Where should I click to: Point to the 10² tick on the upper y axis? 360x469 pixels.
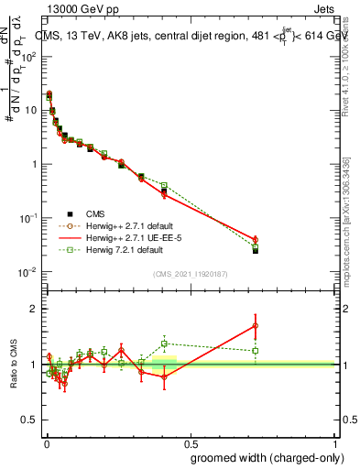tap(30, 56)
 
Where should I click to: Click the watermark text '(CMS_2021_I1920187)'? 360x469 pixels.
tap(191, 274)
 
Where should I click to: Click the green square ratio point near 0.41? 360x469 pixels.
tap(164, 344)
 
